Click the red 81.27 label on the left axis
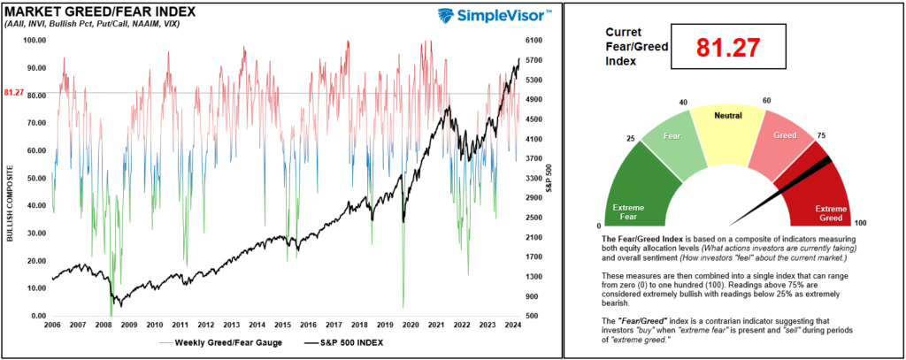coord(14,92)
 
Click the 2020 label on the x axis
coord(411,326)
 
